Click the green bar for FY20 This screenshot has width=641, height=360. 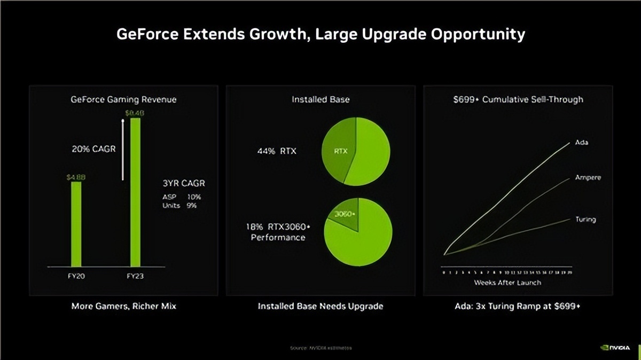point(76,224)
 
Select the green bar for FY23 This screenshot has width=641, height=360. point(135,192)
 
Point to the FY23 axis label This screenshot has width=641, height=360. point(135,276)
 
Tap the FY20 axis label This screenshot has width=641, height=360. point(76,276)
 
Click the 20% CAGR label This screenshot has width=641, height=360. point(93,149)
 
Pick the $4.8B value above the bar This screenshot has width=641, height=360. point(76,177)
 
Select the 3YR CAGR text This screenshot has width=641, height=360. point(184,183)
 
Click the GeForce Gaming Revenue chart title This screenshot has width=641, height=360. point(123,99)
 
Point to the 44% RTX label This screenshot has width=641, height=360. point(277,151)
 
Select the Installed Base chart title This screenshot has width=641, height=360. point(320,99)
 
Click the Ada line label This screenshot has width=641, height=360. point(581,143)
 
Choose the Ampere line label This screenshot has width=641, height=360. point(588,177)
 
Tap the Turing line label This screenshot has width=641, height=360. point(585,219)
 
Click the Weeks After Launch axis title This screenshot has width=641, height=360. point(507,282)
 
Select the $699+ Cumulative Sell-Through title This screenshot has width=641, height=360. point(518,99)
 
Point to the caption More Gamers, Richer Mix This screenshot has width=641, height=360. point(123,307)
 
